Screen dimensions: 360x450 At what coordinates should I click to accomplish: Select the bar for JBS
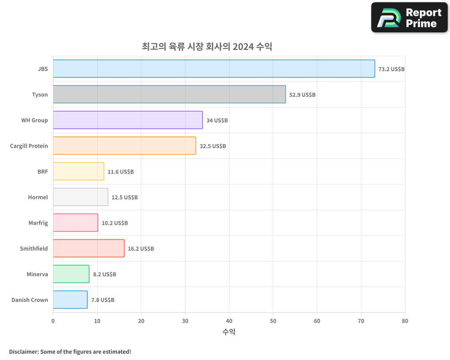(214, 69)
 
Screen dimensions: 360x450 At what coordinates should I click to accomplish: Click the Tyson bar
(169, 94)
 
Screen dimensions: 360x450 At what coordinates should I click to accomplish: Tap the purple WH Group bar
(128, 120)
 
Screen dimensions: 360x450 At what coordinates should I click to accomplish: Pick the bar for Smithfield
(89, 248)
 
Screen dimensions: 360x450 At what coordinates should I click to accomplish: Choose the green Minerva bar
(71, 274)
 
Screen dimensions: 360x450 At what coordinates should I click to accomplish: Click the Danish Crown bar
(70, 300)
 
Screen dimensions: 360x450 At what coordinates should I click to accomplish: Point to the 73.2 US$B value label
(391, 69)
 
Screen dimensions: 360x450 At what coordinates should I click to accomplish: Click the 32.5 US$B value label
(213, 146)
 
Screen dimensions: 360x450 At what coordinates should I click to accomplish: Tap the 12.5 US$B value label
(125, 198)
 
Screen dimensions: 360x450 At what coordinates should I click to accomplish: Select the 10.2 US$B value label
(115, 223)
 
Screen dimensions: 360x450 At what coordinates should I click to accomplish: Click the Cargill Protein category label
(29, 146)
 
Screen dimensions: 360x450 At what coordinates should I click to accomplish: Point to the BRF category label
(43, 171)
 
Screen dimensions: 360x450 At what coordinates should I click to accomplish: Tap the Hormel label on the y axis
(38, 197)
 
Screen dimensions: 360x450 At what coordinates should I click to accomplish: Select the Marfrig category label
(38, 223)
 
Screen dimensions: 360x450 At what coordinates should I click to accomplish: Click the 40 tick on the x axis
(229, 321)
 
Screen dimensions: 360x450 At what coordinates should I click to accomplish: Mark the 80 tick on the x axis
(405, 321)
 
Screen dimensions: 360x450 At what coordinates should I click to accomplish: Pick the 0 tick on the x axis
(53, 321)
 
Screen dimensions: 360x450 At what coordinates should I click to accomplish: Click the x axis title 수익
(229, 332)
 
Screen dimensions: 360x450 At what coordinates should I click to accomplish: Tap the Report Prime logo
(409, 18)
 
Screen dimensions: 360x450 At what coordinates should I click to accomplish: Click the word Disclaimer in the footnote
(23, 351)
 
